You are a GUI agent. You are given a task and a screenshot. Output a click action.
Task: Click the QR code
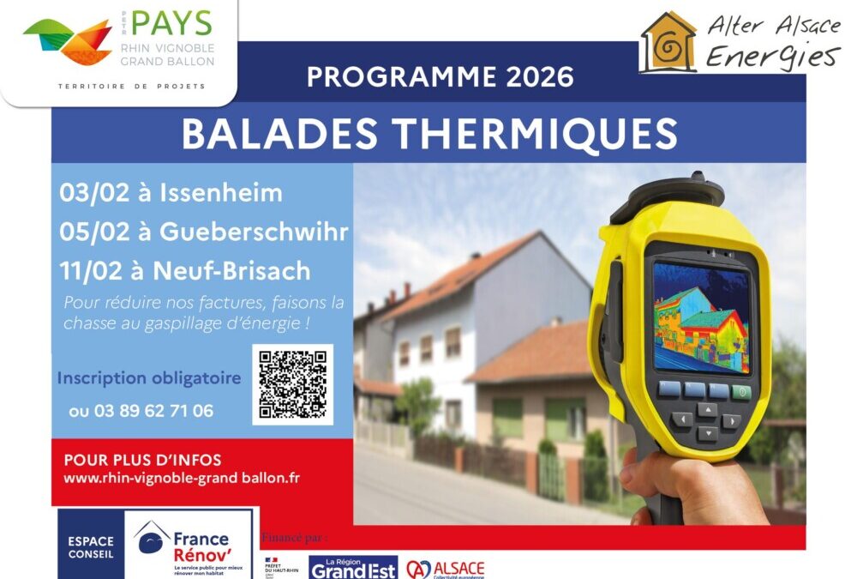pos(292,384)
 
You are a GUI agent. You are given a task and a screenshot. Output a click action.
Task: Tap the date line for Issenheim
pos(171,193)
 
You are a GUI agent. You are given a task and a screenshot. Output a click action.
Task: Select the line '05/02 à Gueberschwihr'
pos(204,232)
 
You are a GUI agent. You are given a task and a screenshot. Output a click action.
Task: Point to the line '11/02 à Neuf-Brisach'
pos(185,270)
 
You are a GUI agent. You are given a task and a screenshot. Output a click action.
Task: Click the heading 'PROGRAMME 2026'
pos(440,77)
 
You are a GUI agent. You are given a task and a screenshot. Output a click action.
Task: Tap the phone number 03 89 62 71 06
pos(141,411)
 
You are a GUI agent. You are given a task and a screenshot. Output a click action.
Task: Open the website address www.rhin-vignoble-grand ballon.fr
pos(182,478)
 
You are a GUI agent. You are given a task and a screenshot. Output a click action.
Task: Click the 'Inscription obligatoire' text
pos(149,378)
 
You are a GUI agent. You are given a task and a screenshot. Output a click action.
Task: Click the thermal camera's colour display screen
pos(701,317)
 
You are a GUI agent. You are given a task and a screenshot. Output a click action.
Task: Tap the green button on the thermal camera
pos(741,392)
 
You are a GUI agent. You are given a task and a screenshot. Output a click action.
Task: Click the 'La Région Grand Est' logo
pos(353,567)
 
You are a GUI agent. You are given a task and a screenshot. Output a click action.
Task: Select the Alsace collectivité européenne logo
pos(445,570)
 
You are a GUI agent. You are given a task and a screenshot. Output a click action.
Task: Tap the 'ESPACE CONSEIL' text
pos(90,547)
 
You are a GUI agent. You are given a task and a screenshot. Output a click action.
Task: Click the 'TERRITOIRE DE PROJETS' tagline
pos(131,87)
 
